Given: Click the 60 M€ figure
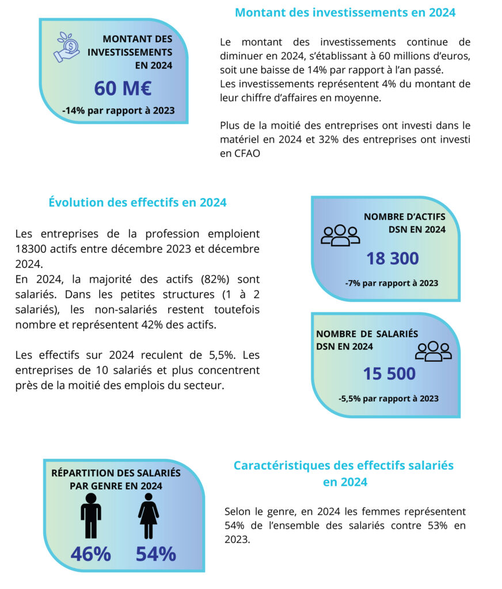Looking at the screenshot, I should pyautogui.click(x=123, y=89).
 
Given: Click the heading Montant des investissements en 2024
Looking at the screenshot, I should pyautogui.click(x=345, y=13).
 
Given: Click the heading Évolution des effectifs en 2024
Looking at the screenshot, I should pyautogui.click(x=138, y=202).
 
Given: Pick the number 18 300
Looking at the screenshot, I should pyautogui.click(x=393, y=259).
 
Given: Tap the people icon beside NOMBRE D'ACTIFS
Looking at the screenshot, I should pyautogui.click(x=340, y=235).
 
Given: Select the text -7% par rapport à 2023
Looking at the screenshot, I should pyautogui.click(x=391, y=283).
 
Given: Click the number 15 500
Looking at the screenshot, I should pyautogui.click(x=389, y=374).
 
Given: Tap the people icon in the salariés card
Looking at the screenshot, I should pyautogui.click(x=435, y=351).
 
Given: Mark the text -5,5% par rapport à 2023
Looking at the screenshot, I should pyautogui.click(x=389, y=399).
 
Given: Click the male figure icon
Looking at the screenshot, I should pyautogui.click(x=91, y=515).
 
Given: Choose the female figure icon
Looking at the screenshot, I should pyautogui.click(x=149, y=515).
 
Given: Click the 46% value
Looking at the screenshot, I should pyautogui.click(x=91, y=553).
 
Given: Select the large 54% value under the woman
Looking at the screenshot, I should pyautogui.click(x=155, y=553).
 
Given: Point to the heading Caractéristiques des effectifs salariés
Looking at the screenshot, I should pyautogui.click(x=344, y=465).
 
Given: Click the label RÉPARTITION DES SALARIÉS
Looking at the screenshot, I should pyautogui.click(x=116, y=473).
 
